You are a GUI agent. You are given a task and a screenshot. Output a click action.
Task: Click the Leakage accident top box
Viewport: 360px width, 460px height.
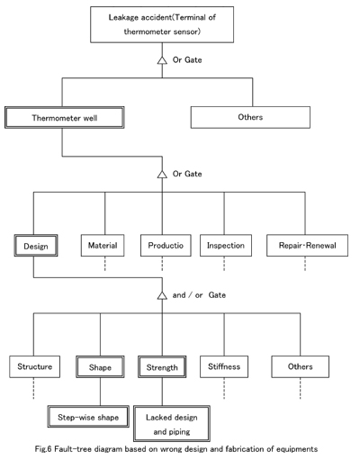(162, 24)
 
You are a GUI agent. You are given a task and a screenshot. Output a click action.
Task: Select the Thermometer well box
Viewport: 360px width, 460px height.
(65, 118)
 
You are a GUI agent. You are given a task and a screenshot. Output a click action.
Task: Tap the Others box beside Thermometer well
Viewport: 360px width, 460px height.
(250, 117)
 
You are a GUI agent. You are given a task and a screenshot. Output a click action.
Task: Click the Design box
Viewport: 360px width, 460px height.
(36, 246)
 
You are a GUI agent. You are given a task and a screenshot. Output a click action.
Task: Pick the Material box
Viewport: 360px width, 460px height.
(103, 246)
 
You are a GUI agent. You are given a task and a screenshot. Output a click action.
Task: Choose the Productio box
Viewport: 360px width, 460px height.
(166, 246)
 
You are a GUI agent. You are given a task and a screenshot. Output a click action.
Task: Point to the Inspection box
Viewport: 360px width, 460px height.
(226, 246)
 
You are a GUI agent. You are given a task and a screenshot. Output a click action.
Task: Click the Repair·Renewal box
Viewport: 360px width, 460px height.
(308, 246)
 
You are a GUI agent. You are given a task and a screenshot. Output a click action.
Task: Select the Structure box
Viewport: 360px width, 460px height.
(34, 366)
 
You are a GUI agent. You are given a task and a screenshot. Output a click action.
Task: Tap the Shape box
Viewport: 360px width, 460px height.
(100, 366)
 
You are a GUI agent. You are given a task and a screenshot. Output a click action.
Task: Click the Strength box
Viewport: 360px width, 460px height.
(162, 366)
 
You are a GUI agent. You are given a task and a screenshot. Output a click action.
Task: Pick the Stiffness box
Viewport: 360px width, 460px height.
(224, 366)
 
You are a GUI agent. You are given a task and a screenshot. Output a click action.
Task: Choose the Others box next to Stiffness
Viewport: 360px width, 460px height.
(301, 366)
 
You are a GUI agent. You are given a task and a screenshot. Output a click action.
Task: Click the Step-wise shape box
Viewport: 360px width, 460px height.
(88, 417)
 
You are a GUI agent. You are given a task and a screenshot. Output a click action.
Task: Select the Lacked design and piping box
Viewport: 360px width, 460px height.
(172, 423)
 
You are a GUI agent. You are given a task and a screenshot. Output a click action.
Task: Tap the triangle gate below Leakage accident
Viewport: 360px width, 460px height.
(162, 60)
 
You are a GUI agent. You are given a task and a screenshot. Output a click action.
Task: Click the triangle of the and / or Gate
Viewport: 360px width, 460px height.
(162, 295)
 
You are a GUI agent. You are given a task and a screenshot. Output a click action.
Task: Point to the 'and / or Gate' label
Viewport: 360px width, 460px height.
(199, 295)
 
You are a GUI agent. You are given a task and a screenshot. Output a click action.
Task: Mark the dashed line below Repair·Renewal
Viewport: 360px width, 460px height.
(305, 264)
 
